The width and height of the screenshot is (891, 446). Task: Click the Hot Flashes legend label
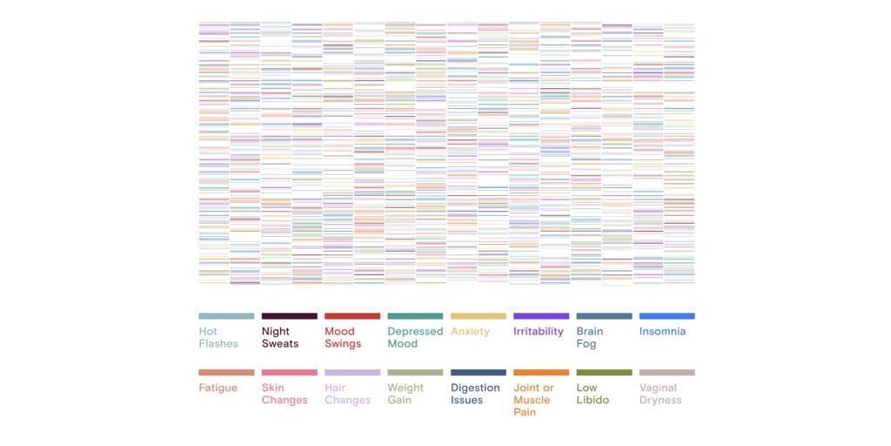click(218, 337)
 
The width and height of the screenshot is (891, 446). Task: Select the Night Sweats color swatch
click(289, 316)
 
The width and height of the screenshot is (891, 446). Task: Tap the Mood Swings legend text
click(343, 337)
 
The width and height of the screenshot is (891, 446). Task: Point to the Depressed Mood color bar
click(415, 316)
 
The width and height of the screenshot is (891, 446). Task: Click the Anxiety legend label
click(470, 331)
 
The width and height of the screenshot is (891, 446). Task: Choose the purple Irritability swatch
click(541, 316)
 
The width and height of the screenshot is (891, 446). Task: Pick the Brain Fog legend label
click(589, 337)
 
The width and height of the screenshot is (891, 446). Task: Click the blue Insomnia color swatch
click(667, 316)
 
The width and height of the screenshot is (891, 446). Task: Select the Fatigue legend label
click(218, 388)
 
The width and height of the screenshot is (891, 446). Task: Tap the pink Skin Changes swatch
click(289, 373)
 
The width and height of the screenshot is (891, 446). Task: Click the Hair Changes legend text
click(347, 394)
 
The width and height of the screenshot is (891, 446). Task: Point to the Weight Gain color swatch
click(415, 373)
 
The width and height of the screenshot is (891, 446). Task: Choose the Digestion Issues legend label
click(475, 394)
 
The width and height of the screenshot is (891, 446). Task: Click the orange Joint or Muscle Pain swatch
click(541, 373)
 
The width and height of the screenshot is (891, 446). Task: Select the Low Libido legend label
click(592, 394)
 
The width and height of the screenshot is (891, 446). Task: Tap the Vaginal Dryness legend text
click(660, 394)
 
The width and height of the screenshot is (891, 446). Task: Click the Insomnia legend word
click(662, 331)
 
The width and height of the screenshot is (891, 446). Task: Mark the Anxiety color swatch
click(478, 316)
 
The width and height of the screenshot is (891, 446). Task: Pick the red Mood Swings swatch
click(352, 316)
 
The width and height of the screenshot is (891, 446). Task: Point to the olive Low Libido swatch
click(604, 373)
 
